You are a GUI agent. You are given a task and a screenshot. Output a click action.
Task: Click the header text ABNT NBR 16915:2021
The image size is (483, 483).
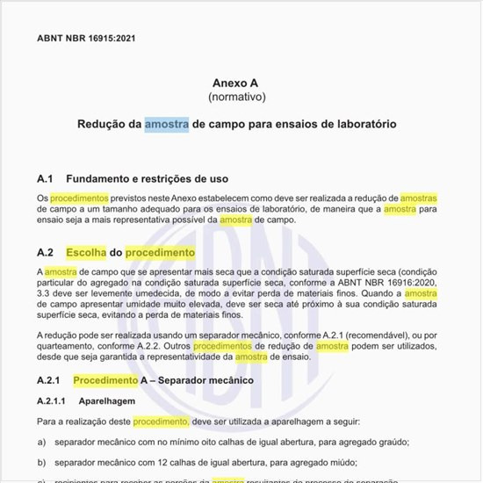pos(86,38)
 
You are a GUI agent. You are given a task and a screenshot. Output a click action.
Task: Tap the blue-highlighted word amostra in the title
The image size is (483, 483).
pos(167,124)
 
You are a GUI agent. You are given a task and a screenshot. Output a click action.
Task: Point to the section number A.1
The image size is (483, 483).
pos(46,178)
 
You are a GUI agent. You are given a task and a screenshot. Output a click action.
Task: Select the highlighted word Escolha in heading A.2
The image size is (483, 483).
pos(86,252)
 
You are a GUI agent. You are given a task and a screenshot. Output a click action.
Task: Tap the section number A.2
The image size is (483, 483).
pos(46,252)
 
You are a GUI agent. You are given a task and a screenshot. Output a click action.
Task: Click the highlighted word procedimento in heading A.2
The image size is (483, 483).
pos(160,252)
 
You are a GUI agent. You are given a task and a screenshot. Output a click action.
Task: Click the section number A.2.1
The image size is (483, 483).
pos(48,380)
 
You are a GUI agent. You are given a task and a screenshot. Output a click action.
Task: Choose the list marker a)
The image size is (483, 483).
pos(41,442)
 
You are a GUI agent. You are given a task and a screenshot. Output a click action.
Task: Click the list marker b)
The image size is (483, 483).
pos(41,461)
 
